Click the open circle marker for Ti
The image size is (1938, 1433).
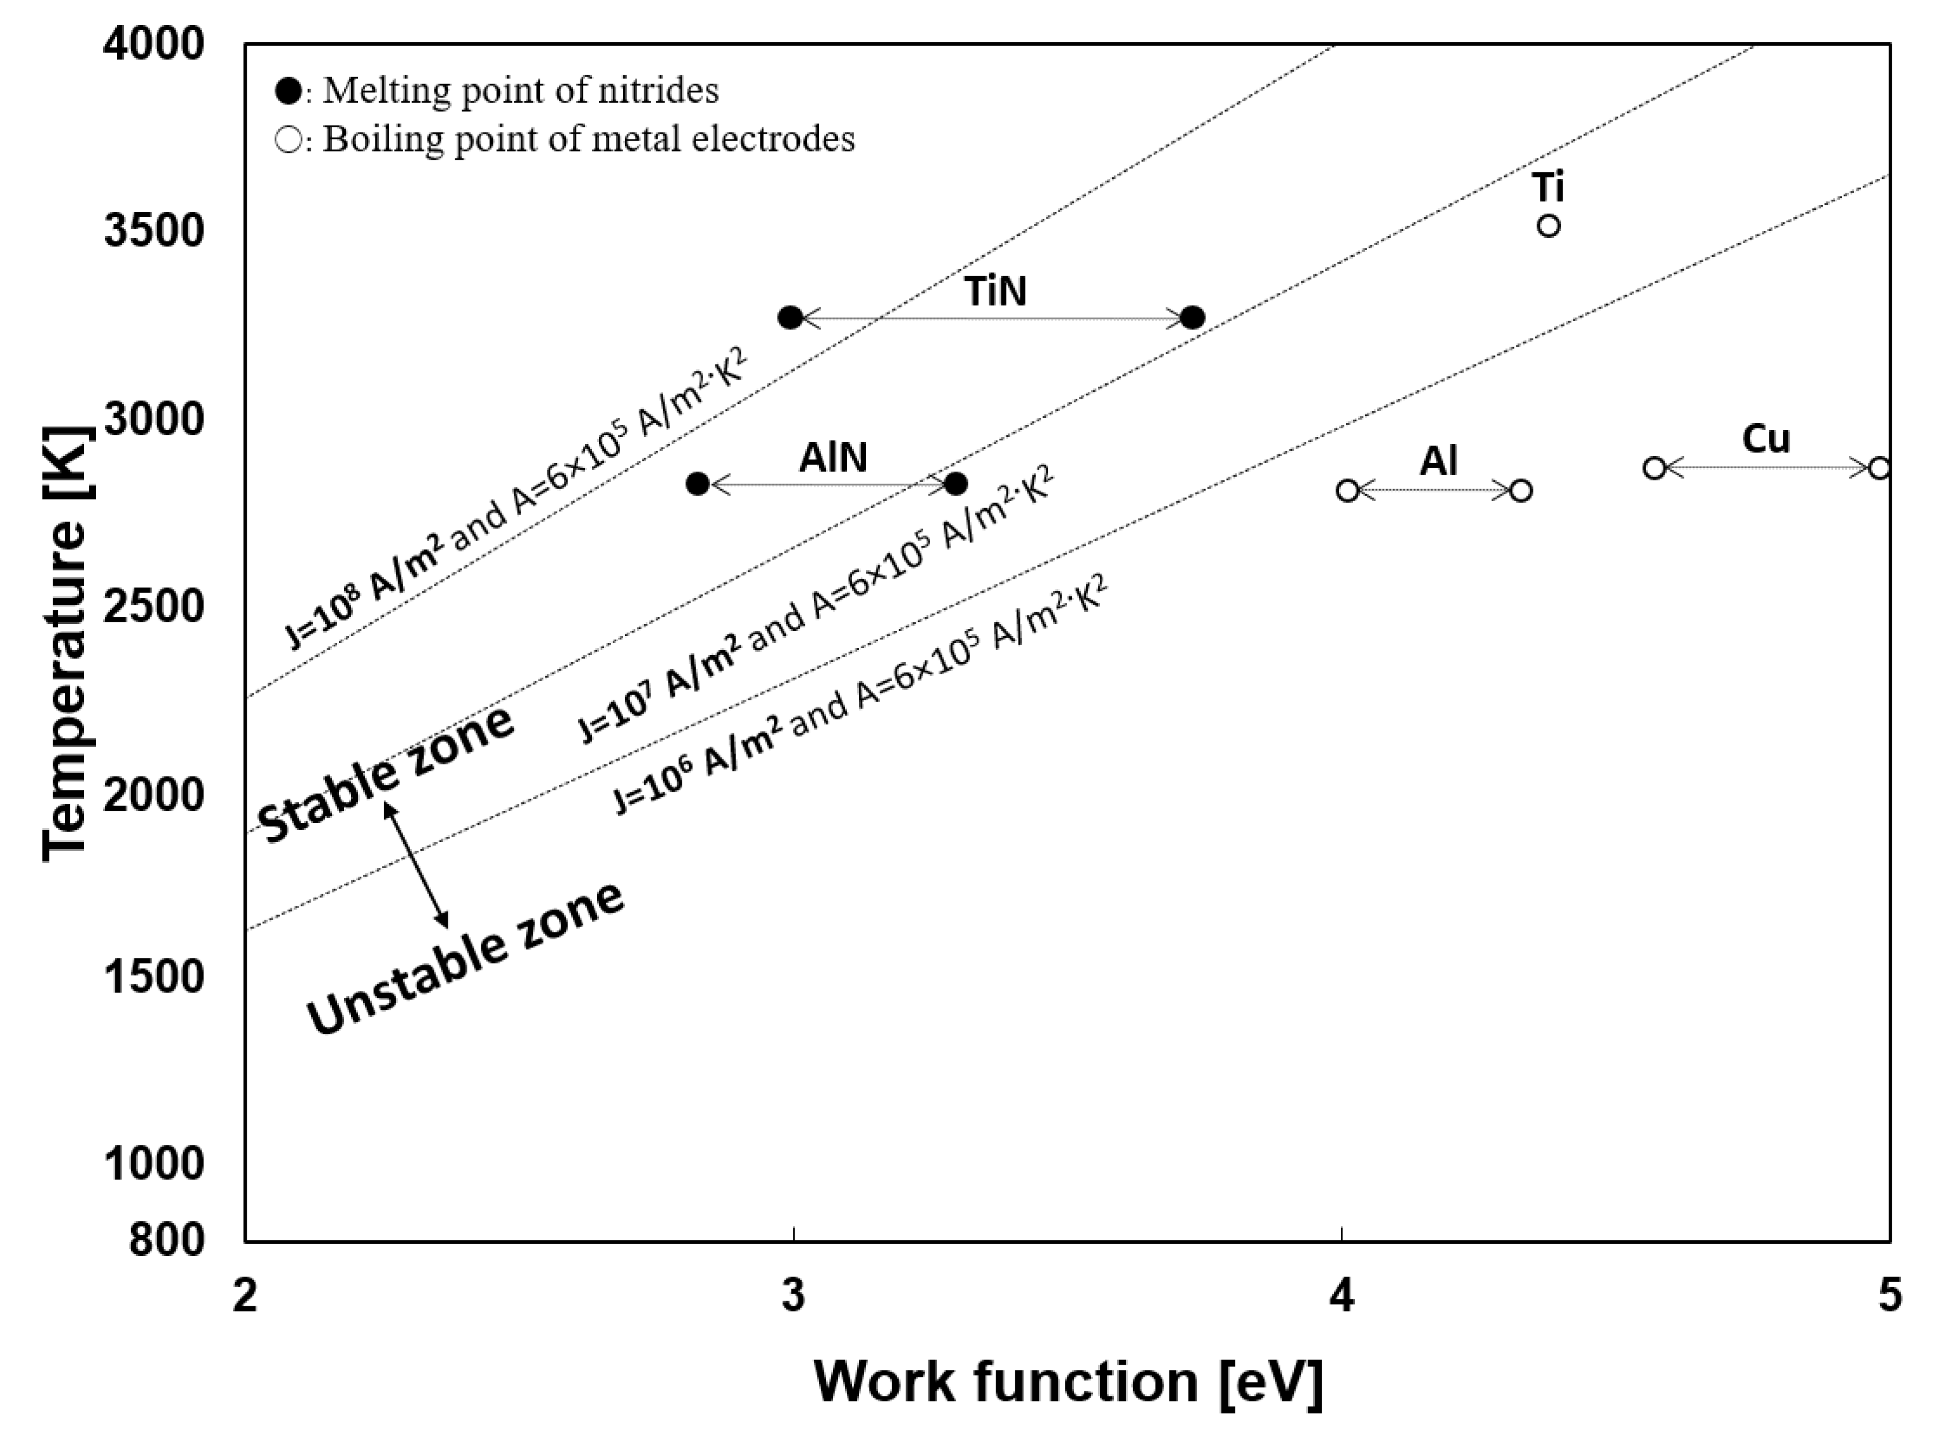pyautogui.click(x=1548, y=226)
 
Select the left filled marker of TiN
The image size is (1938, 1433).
pyautogui.click(x=790, y=318)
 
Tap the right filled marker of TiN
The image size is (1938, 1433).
pyautogui.click(x=1193, y=318)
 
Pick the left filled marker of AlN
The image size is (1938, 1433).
pyautogui.click(x=698, y=484)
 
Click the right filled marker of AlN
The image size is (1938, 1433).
pyautogui.click(x=956, y=484)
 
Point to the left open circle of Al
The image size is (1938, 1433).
pyautogui.click(x=1347, y=491)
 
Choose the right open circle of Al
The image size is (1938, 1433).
pyautogui.click(x=1520, y=491)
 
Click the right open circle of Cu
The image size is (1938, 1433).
pyautogui.click(x=1879, y=468)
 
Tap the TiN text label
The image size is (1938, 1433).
pyautogui.click(x=996, y=292)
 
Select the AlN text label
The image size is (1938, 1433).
pyautogui.click(x=832, y=458)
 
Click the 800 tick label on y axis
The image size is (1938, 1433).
pyautogui.click(x=167, y=1240)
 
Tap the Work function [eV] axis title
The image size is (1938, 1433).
pyautogui.click(x=1067, y=1382)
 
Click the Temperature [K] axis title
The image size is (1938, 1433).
pyautogui.click(x=65, y=642)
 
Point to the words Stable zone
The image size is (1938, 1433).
pyautogui.click(x=386, y=774)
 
